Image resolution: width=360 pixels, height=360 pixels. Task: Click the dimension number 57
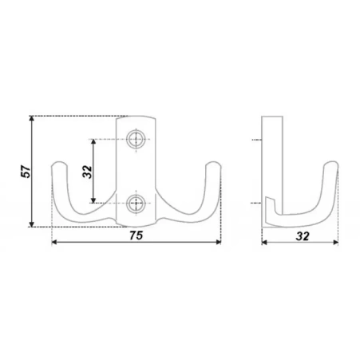(x=26, y=172)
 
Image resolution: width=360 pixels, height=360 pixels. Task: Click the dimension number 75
(x=136, y=235)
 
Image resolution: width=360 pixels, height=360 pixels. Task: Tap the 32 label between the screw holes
(x=87, y=172)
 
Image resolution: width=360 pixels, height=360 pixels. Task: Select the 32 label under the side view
(x=303, y=236)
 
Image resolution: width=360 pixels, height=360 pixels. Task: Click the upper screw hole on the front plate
(x=136, y=140)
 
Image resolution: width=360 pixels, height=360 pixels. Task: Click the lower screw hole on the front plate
(x=136, y=204)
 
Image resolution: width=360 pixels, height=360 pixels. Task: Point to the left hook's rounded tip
(x=59, y=163)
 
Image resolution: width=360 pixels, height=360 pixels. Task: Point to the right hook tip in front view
(x=213, y=163)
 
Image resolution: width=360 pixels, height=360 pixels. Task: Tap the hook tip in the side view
(x=331, y=162)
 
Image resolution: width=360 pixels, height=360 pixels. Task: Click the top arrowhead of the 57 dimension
(x=32, y=119)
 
